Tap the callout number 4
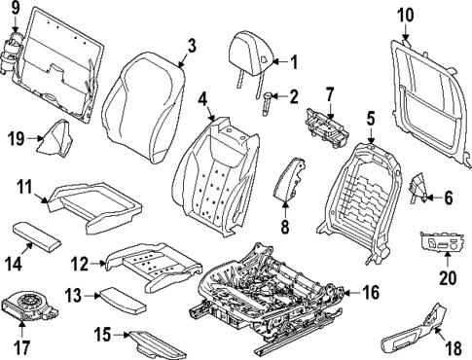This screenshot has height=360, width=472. pos(201,99)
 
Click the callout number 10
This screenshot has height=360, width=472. pos(406,14)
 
